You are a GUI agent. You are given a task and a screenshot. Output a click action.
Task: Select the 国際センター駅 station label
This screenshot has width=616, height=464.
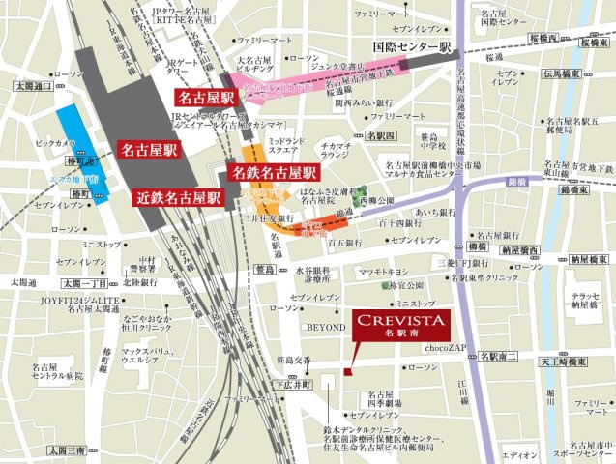pos(413,45)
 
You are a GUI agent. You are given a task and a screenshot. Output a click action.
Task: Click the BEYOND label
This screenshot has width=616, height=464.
pos(326,328)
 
